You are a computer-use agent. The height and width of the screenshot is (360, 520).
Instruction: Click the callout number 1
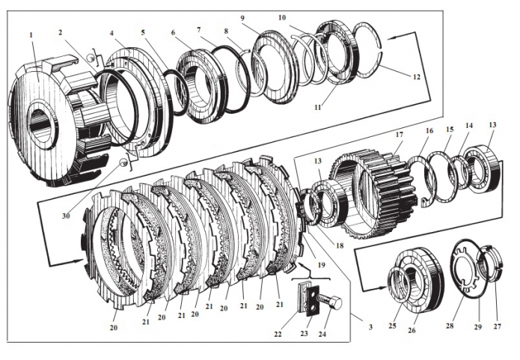[31, 35]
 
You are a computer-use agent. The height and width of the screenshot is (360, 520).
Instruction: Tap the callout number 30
[66, 216]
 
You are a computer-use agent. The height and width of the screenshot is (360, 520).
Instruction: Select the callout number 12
[417, 77]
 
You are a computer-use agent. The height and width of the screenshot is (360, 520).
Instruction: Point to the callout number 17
[400, 135]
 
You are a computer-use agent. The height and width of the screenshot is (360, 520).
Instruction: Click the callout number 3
[370, 327]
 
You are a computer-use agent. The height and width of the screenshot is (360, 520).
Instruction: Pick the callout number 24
[322, 334]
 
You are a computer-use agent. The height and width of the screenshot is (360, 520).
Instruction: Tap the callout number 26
[412, 331]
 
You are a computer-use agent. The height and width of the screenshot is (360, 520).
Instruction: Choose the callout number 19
[321, 265]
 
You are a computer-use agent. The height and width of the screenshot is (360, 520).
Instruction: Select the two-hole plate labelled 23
[313, 300]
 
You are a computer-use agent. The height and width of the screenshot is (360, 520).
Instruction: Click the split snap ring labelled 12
[367, 50]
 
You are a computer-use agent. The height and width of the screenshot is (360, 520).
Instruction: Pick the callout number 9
[242, 17]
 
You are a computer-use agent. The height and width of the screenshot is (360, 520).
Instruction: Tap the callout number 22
[278, 334]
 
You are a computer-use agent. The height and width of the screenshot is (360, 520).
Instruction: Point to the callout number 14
[469, 126]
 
